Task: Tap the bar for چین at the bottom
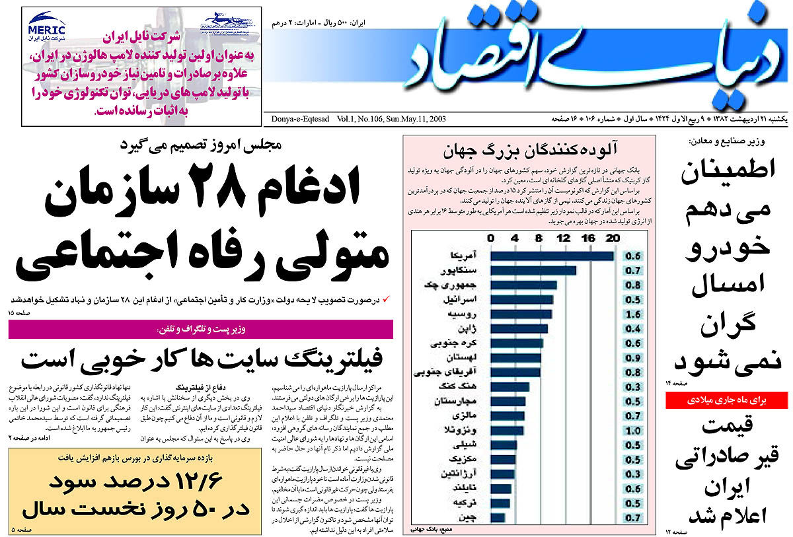click(498, 517)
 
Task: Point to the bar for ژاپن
click(519, 328)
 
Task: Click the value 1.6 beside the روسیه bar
click(632, 314)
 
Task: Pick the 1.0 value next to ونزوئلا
click(632, 430)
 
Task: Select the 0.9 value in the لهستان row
click(632, 357)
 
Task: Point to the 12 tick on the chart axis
click(564, 238)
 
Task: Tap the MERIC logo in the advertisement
click(46, 30)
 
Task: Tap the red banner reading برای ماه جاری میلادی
click(727, 400)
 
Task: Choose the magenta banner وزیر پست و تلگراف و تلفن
click(202, 329)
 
